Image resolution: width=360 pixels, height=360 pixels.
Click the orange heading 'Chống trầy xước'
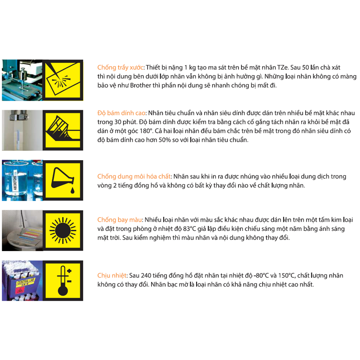tap(120, 67)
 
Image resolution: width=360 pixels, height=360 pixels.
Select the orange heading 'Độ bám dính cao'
tap(121, 113)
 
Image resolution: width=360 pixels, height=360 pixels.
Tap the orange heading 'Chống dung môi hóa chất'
tap(134, 176)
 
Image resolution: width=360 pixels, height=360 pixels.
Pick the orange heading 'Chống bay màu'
tap(119, 220)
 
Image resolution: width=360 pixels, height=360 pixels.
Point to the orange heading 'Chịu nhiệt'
tap(112, 275)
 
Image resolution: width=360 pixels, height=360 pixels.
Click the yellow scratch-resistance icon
tap(63, 80)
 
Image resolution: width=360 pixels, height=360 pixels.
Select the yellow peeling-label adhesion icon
tap(63, 130)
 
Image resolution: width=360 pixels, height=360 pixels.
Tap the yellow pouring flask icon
tap(63, 180)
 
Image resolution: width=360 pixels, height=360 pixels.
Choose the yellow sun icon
tap(63, 230)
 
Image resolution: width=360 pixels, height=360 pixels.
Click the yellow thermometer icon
tap(63, 280)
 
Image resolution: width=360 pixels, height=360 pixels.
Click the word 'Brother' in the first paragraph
tap(141, 85)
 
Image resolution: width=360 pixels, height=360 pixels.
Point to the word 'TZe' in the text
tap(283, 67)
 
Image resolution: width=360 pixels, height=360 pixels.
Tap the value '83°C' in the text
tap(189, 229)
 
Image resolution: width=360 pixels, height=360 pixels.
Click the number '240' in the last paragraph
tap(146, 275)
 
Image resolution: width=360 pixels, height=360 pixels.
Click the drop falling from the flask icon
tap(72, 190)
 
